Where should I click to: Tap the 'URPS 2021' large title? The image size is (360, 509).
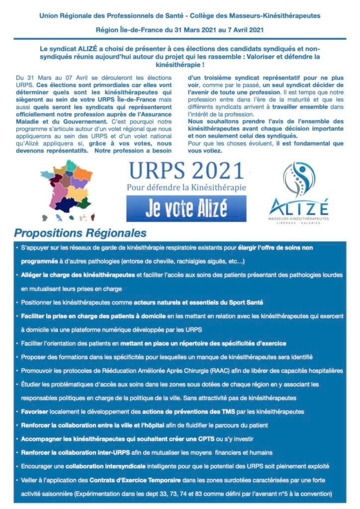click(186, 172)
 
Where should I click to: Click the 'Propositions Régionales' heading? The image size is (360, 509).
click(80, 233)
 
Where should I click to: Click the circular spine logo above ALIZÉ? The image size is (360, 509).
click(299, 179)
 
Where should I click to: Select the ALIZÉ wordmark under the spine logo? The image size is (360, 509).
click(299, 205)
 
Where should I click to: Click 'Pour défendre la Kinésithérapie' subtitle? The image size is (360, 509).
click(186, 188)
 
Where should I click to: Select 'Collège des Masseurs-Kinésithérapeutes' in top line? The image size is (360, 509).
click(259, 16)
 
